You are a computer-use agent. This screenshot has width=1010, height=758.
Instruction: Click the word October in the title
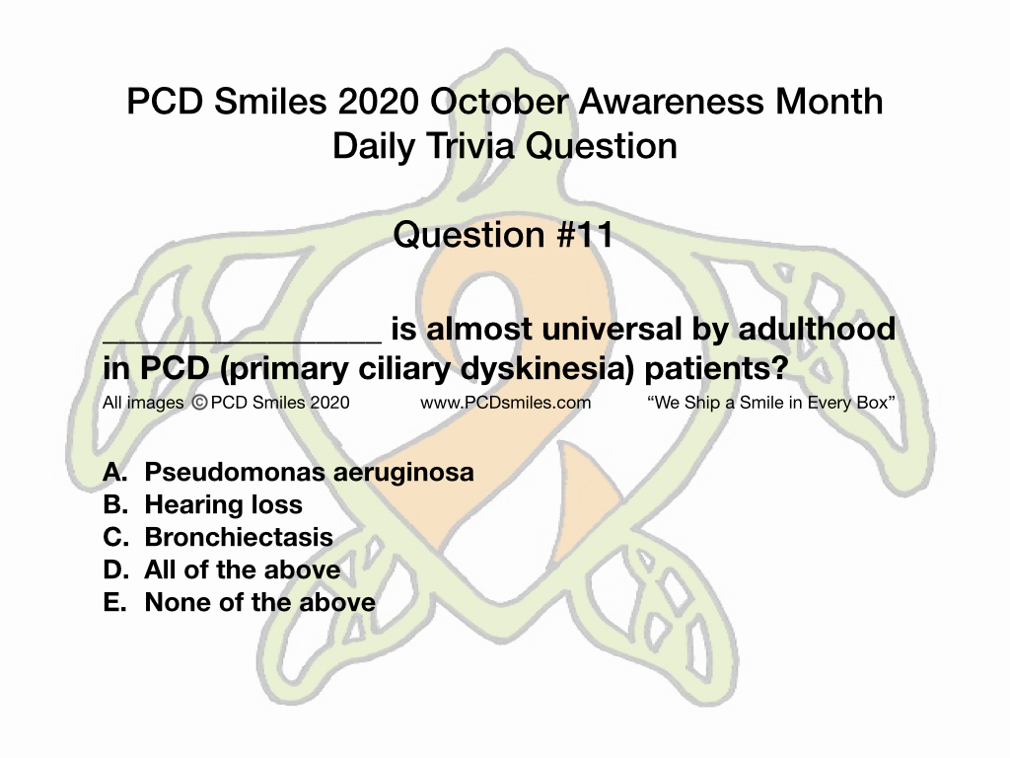499,102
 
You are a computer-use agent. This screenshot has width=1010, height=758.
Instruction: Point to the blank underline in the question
243,341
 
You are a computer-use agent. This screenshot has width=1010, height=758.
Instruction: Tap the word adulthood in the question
817,329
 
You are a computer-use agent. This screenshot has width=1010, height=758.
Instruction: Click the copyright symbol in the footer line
199,403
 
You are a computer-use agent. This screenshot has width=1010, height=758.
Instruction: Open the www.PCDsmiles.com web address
506,403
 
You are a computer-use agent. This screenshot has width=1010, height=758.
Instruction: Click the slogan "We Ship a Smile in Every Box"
771,403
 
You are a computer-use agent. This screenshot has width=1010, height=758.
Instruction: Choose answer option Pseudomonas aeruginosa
309,473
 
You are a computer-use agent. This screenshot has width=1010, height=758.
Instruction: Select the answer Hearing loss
224,504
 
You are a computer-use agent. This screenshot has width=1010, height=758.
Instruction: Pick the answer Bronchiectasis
239,537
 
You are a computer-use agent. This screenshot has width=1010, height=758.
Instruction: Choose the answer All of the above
243,569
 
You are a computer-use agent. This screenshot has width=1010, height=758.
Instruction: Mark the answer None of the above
260,603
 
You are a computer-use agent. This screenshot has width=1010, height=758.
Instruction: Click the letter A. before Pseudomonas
115,472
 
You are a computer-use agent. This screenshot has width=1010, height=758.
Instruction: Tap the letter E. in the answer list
114,603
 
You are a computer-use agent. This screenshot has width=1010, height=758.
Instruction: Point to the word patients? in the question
716,369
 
